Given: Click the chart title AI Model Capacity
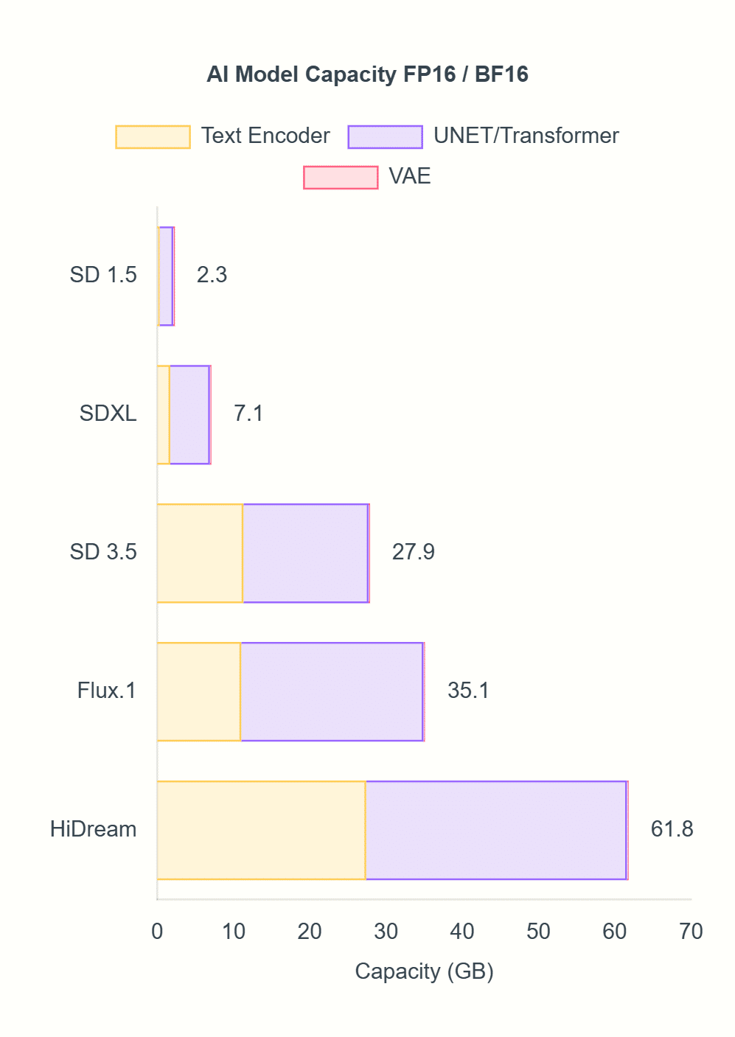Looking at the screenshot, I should click(367, 74).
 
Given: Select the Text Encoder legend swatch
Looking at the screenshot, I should click(153, 137).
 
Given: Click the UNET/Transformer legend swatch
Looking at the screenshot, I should click(385, 137).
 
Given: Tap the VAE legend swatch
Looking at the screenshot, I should click(341, 178).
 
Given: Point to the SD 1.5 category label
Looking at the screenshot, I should click(103, 275).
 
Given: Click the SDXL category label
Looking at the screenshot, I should click(108, 413).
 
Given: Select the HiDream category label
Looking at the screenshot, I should click(94, 829).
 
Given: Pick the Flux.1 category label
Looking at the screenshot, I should click(107, 691).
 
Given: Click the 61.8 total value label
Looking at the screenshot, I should click(672, 829).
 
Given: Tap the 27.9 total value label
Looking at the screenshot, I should click(413, 552).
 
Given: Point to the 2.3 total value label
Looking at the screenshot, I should click(212, 275).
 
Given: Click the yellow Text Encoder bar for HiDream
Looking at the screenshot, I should click(262, 830).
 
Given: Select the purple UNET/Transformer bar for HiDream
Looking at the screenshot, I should click(495, 830).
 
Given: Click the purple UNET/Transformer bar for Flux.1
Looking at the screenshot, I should click(332, 691).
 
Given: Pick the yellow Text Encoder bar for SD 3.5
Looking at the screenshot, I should click(200, 553).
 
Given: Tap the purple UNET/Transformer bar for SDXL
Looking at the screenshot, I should click(189, 414).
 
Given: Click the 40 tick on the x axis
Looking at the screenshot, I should click(462, 932).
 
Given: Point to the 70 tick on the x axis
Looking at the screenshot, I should click(691, 932).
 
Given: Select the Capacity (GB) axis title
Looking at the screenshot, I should click(424, 971).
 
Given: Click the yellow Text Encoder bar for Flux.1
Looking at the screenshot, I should click(199, 691).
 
